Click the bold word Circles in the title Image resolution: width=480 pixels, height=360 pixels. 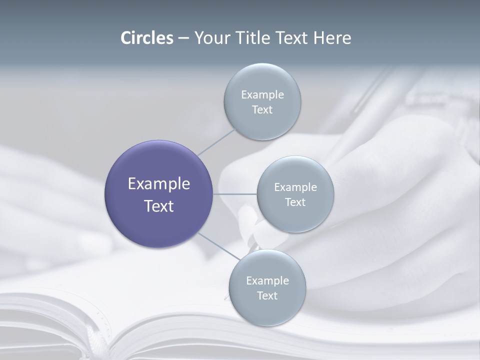tap(147, 38)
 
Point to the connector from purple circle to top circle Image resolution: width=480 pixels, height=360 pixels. tap(216, 141)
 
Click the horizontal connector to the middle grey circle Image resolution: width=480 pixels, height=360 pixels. tap(234, 194)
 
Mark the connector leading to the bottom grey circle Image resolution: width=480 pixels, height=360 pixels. tap(218, 245)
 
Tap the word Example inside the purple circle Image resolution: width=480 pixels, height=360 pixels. tap(159, 184)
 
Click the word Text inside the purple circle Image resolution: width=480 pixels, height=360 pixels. tap(159, 206)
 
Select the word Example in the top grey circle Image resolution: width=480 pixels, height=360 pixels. tap(262, 95)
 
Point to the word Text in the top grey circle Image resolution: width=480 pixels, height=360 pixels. tap(262, 110)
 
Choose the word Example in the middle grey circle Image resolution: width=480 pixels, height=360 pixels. tap(295, 187)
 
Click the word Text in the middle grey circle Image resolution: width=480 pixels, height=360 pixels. tap(295, 202)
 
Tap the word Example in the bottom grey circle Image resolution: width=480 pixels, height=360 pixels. tap(267, 281)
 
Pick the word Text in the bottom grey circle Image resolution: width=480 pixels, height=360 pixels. tap(267, 296)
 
